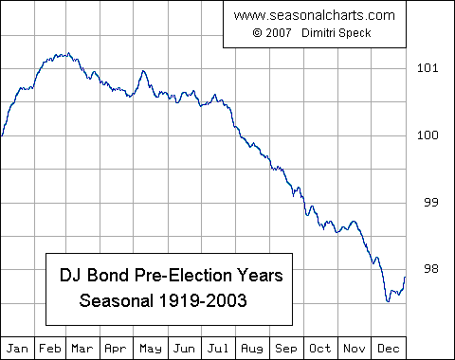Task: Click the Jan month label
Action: [19, 347]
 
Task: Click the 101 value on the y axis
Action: [428, 67]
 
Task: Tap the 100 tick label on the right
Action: [428, 135]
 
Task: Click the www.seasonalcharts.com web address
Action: [313, 16]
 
